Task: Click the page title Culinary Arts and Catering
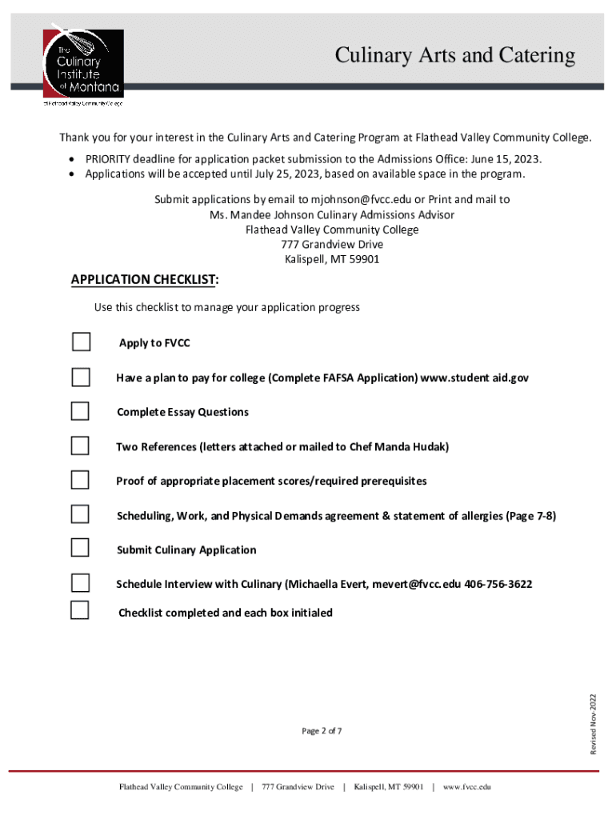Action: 454,55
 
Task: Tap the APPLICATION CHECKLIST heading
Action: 145,279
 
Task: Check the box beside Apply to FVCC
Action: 81,342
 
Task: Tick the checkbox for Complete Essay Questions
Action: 80,411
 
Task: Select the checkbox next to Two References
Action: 80,445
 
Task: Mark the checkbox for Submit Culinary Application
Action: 80,548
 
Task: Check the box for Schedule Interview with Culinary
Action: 80,582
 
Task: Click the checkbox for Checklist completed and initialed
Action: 80,610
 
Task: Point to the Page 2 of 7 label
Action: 322,731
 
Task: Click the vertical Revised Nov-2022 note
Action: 594,724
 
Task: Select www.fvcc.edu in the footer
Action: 466,787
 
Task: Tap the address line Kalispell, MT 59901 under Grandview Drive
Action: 332,259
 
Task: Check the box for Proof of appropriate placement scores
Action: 80,480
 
